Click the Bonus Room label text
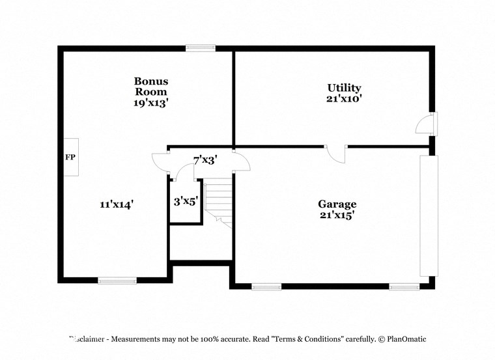151,87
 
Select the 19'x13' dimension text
151,103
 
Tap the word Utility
344,88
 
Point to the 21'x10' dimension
344,99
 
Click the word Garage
337,204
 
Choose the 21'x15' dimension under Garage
337,215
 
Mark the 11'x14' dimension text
117,204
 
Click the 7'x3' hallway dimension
205,159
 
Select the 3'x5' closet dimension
186,202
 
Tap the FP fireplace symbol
70,158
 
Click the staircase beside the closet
219,202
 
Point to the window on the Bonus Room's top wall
200,48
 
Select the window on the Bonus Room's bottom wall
117,281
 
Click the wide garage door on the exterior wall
429,215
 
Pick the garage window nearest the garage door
404,286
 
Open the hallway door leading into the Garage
240,161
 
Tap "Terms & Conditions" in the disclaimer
307,339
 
